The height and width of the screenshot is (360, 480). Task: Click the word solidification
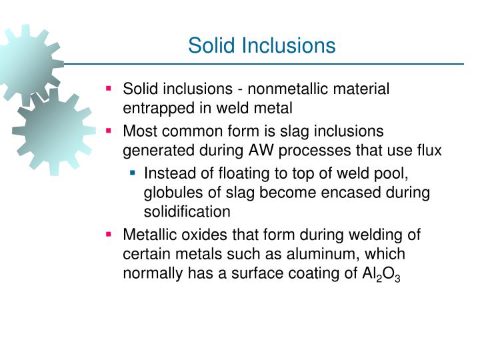(x=187, y=211)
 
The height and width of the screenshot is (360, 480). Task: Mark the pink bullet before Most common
(x=109, y=131)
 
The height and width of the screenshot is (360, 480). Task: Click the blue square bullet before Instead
(x=133, y=173)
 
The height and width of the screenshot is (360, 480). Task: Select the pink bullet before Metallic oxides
(x=109, y=235)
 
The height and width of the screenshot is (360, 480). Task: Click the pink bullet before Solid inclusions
(x=109, y=88)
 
